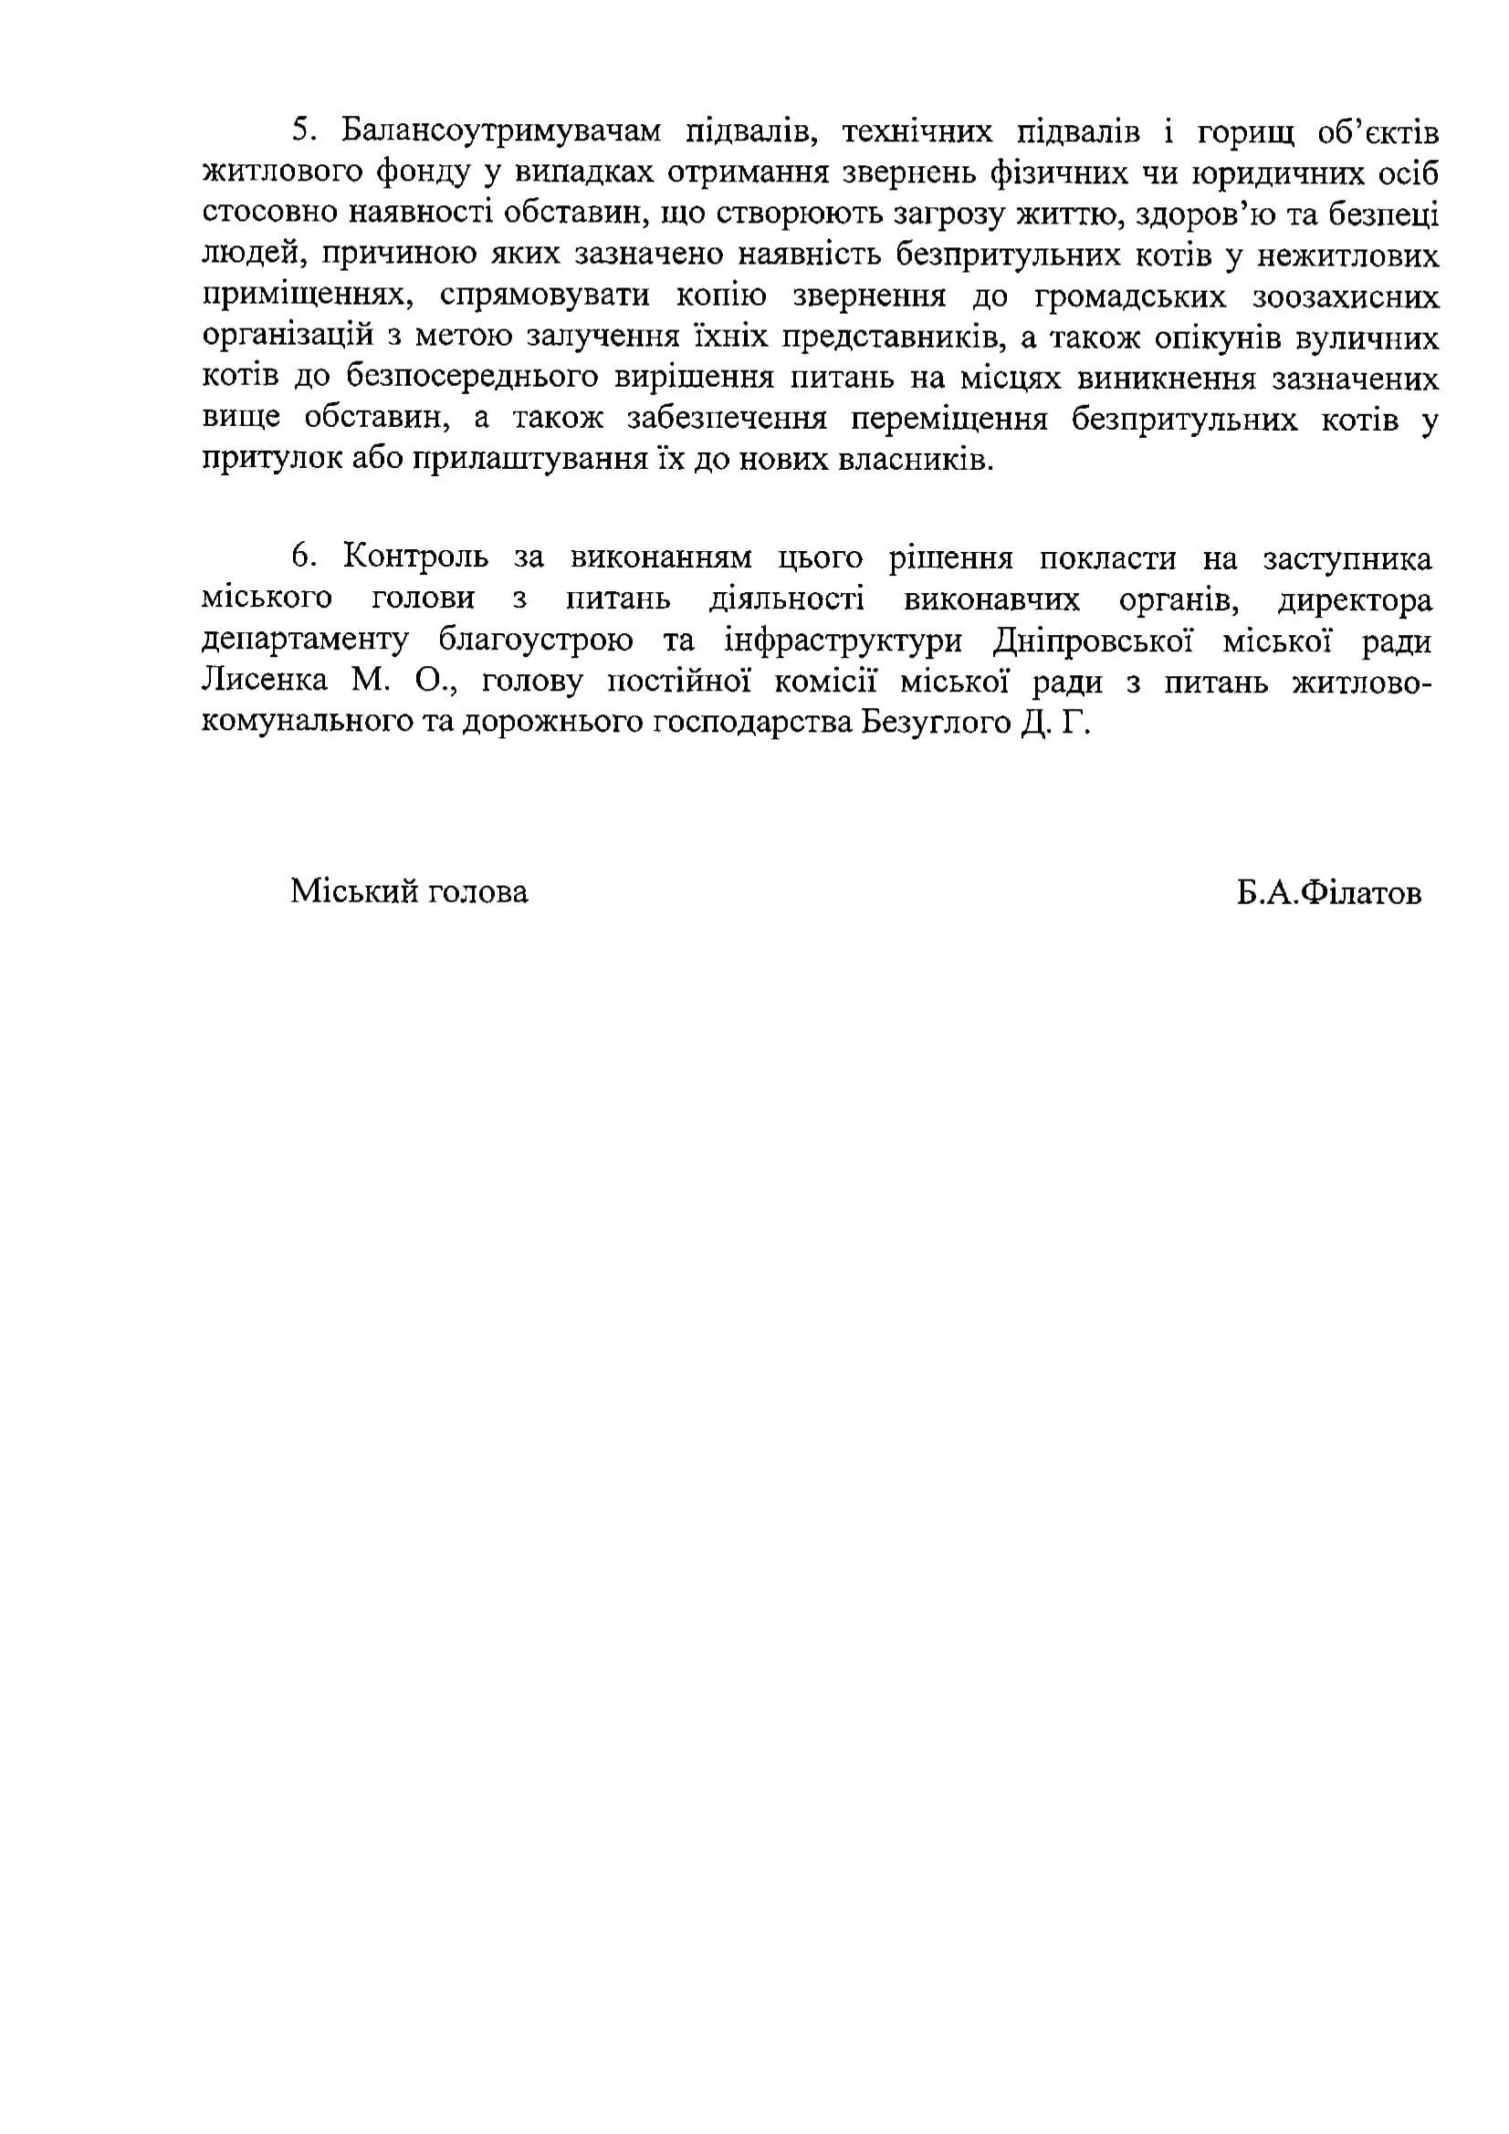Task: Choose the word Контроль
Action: point(414,557)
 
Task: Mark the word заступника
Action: point(1347,558)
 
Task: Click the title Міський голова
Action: point(409,891)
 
